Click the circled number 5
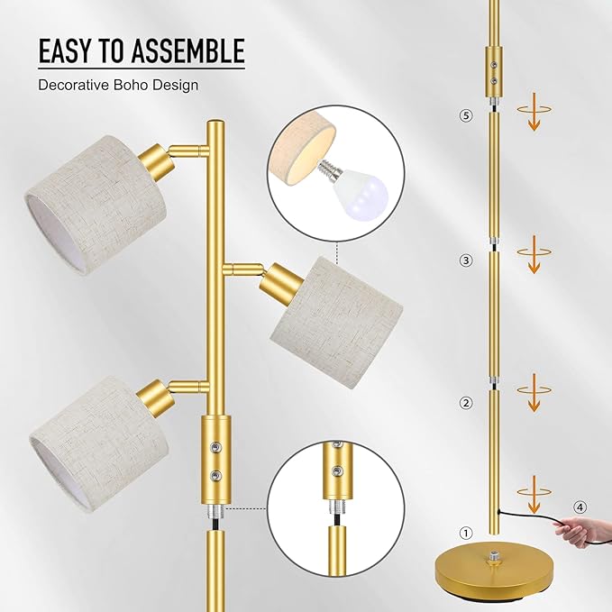pyautogui.click(x=465, y=115)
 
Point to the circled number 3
pyautogui.click(x=465, y=260)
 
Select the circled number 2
pyautogui.click(x=465, y=403)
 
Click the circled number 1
pyautogui.click(x=465, y=533)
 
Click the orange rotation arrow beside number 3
pyautogui.click(x=533, y=255)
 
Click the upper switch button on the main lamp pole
pyautogui.click(x=215, y=448)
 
